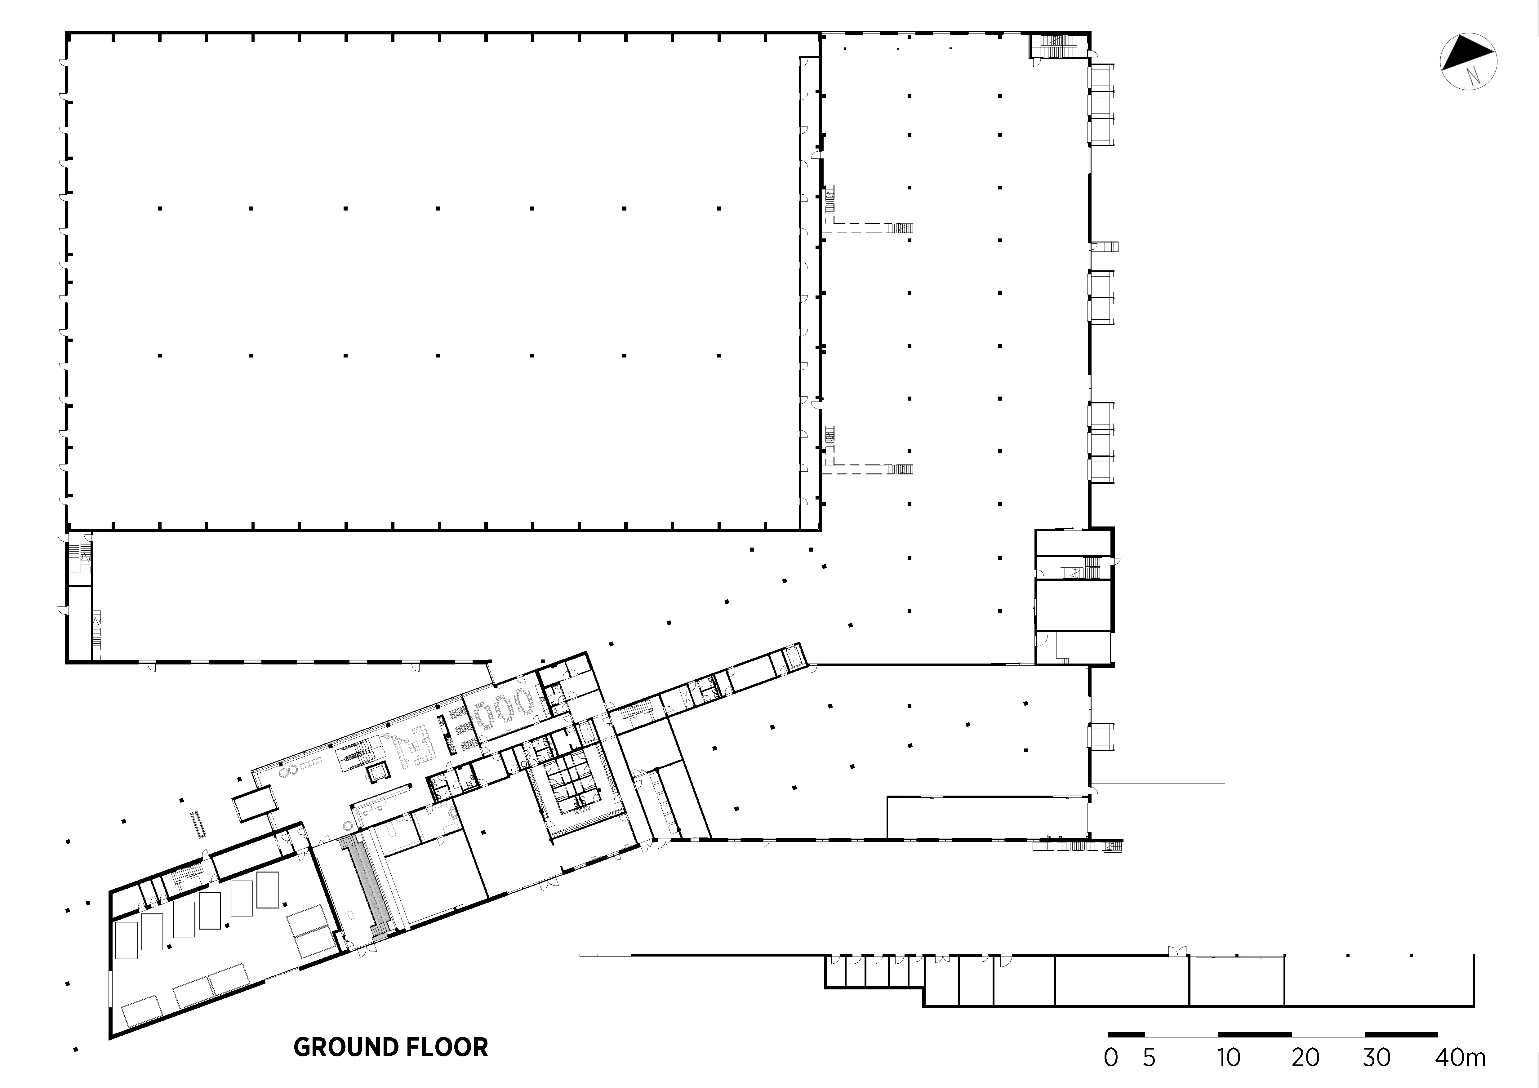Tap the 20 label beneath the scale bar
(x=1305, y=1058)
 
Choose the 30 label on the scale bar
(x=1377, y=1058)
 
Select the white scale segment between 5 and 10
(x=1181, y=1034)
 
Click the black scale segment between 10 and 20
(x=1255, y=1034)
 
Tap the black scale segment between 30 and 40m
(x=1402, y=1034)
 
